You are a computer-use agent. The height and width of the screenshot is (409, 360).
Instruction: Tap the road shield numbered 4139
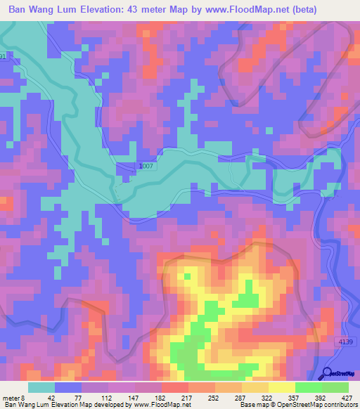point(344,342)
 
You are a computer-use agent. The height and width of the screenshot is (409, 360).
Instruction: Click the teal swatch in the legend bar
point(41,387)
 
